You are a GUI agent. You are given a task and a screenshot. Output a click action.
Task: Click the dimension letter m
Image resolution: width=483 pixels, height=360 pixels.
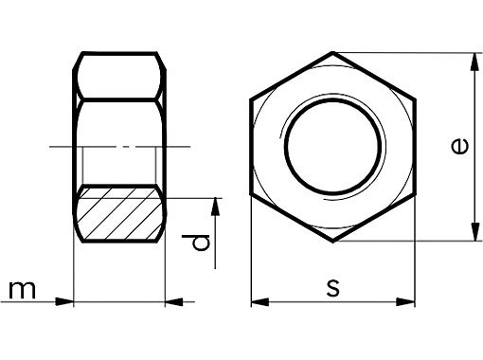pos(22,290)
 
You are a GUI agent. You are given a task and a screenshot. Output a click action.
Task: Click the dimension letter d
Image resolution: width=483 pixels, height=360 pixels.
pos(196,243)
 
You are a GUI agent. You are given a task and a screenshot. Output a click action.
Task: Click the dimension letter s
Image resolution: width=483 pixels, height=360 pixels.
pos(333,288)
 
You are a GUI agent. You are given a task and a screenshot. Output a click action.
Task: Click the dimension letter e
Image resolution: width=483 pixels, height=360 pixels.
pos(460,146)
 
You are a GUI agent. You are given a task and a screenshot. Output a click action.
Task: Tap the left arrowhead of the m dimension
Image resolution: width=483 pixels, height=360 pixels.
pos(64,301)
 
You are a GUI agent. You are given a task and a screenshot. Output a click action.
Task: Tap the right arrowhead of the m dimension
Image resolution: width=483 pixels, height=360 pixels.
pos(174,301)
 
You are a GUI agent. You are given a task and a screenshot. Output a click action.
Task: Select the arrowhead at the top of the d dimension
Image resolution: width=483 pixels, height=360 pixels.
pos(215,207)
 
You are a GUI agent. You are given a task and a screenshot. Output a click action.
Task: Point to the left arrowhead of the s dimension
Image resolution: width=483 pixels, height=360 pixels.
pos(260,301)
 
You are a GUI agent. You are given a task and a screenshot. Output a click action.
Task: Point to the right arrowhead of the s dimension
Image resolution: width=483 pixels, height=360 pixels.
pos(405,301)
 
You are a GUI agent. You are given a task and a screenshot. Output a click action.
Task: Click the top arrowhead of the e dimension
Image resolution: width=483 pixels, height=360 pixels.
pos(474,62)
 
